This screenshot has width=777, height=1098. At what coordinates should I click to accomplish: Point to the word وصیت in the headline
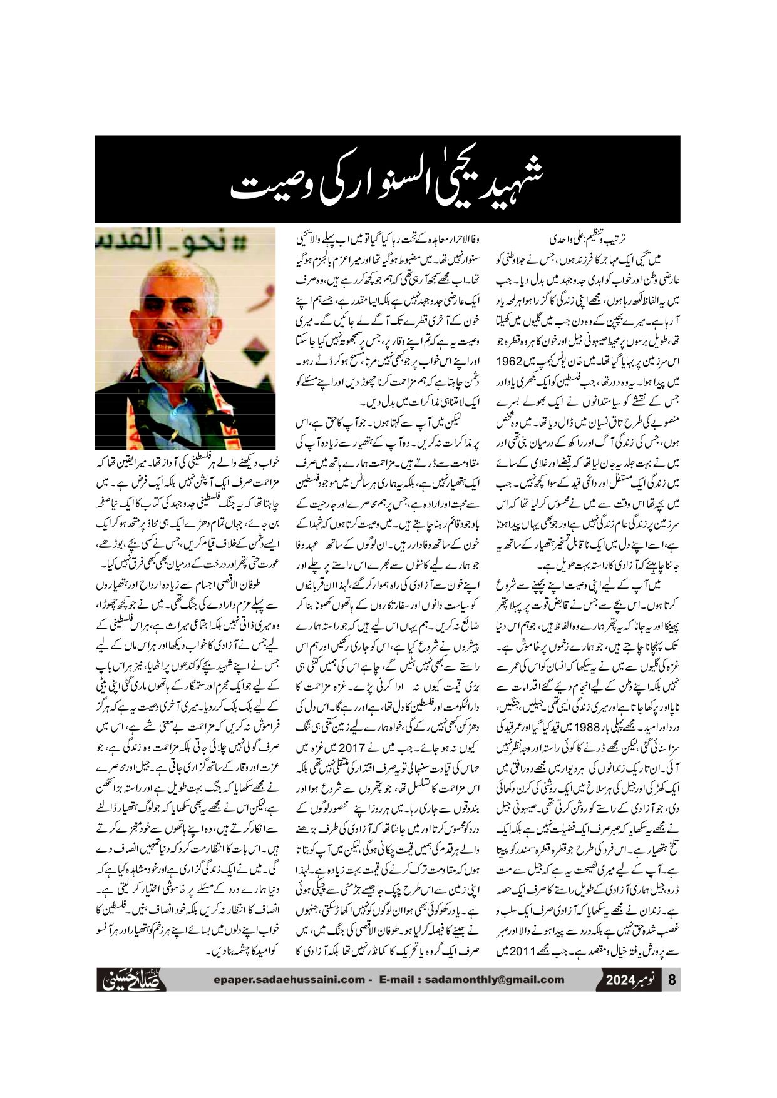point(259,185)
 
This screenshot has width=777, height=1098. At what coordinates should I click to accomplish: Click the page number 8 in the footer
point(672,980)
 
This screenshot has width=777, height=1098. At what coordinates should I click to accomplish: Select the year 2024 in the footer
point(620,980)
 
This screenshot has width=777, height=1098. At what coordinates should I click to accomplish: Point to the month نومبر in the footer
point(649,980)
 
